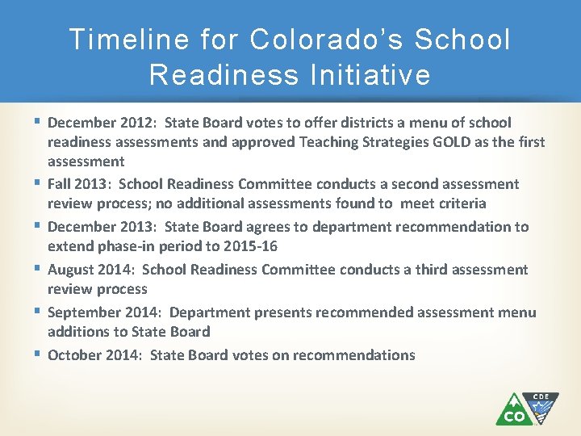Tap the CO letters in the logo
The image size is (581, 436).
[x=514, y=415]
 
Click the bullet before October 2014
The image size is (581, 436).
[x=39, y=354]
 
